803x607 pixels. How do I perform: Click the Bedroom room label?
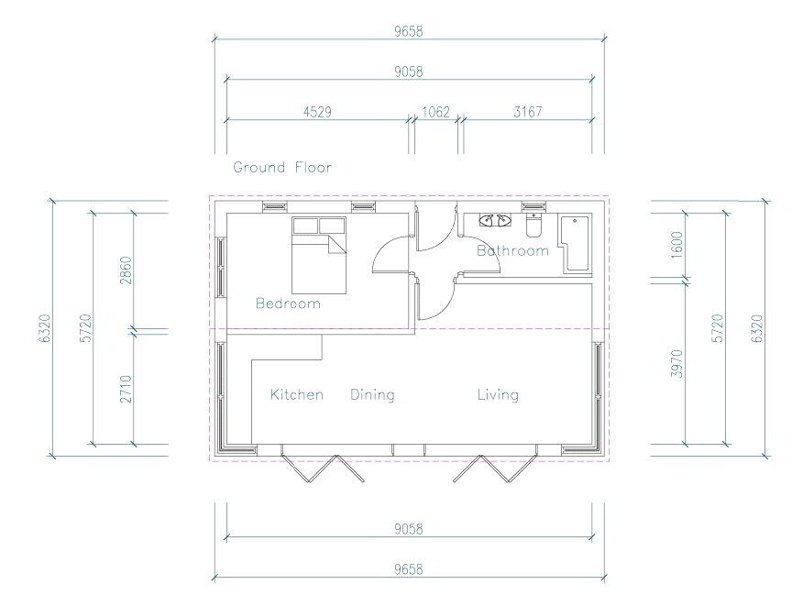point(289,303)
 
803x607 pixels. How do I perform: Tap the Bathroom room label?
point(512,250)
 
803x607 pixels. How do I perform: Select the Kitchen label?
point(297,394)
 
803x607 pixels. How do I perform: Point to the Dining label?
point(373,394)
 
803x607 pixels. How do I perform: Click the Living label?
point(499,394)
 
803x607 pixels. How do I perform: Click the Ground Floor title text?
point(282,167)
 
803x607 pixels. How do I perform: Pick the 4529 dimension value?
point(317,112)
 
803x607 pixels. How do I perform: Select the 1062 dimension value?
point(435,112)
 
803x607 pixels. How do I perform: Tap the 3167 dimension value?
point(527,112)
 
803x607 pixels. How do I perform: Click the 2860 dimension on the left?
point(126,270)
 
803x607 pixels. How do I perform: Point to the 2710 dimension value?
point(126,389)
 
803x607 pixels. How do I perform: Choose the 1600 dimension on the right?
point(676,245)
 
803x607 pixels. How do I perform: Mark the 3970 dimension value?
point(676,364)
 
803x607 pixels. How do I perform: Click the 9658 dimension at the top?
point(409,31)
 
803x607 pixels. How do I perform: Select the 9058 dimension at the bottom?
point(409,529)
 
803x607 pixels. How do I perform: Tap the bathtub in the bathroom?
point(576,243)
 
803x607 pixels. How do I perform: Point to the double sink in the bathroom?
point(495,221)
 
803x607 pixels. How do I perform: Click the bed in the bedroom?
point(319,255)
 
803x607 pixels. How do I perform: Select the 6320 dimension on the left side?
point(45,328)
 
